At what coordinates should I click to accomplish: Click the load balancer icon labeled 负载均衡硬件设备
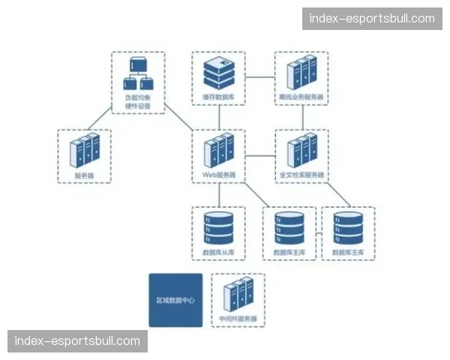[138, 73]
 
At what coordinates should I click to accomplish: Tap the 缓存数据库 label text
[218, 97]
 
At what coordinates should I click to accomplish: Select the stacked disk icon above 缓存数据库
[218, 73]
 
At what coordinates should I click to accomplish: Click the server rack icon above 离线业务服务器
[301, 73]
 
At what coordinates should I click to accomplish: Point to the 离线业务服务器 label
[301, 97]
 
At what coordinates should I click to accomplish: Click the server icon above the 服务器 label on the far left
[84, 150]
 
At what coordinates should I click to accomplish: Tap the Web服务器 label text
[218, 175]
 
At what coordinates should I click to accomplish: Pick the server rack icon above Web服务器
[218, 150]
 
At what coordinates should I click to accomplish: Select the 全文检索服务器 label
[301, 175]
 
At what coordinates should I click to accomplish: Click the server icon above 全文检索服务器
[301, 150]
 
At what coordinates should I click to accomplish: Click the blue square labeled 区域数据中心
[175, 300]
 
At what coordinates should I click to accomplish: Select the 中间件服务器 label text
[238, 319]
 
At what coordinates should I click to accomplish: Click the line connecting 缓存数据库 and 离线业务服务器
[259, 76]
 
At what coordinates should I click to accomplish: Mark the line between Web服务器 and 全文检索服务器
[259, 157]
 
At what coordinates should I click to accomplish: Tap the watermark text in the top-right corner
[372, 18]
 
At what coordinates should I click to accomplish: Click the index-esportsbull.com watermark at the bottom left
[77, 341]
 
